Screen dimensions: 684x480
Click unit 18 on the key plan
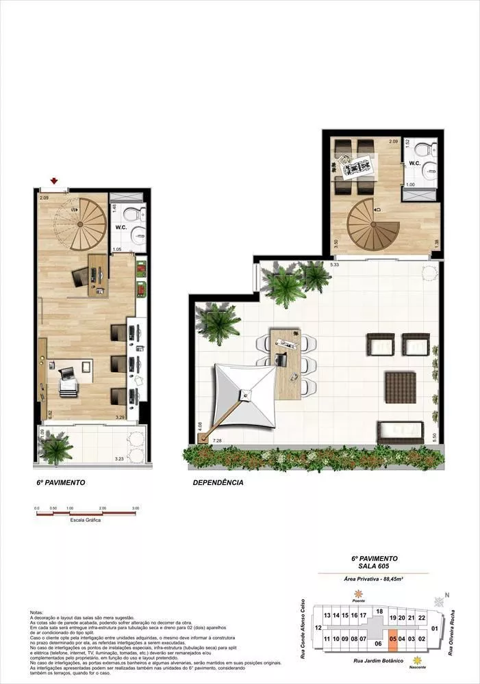point(379,611)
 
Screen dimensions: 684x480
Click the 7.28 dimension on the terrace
point(218,440)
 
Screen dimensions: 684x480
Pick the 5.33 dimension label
point(335,264)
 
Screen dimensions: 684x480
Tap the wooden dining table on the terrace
point(287,363)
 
